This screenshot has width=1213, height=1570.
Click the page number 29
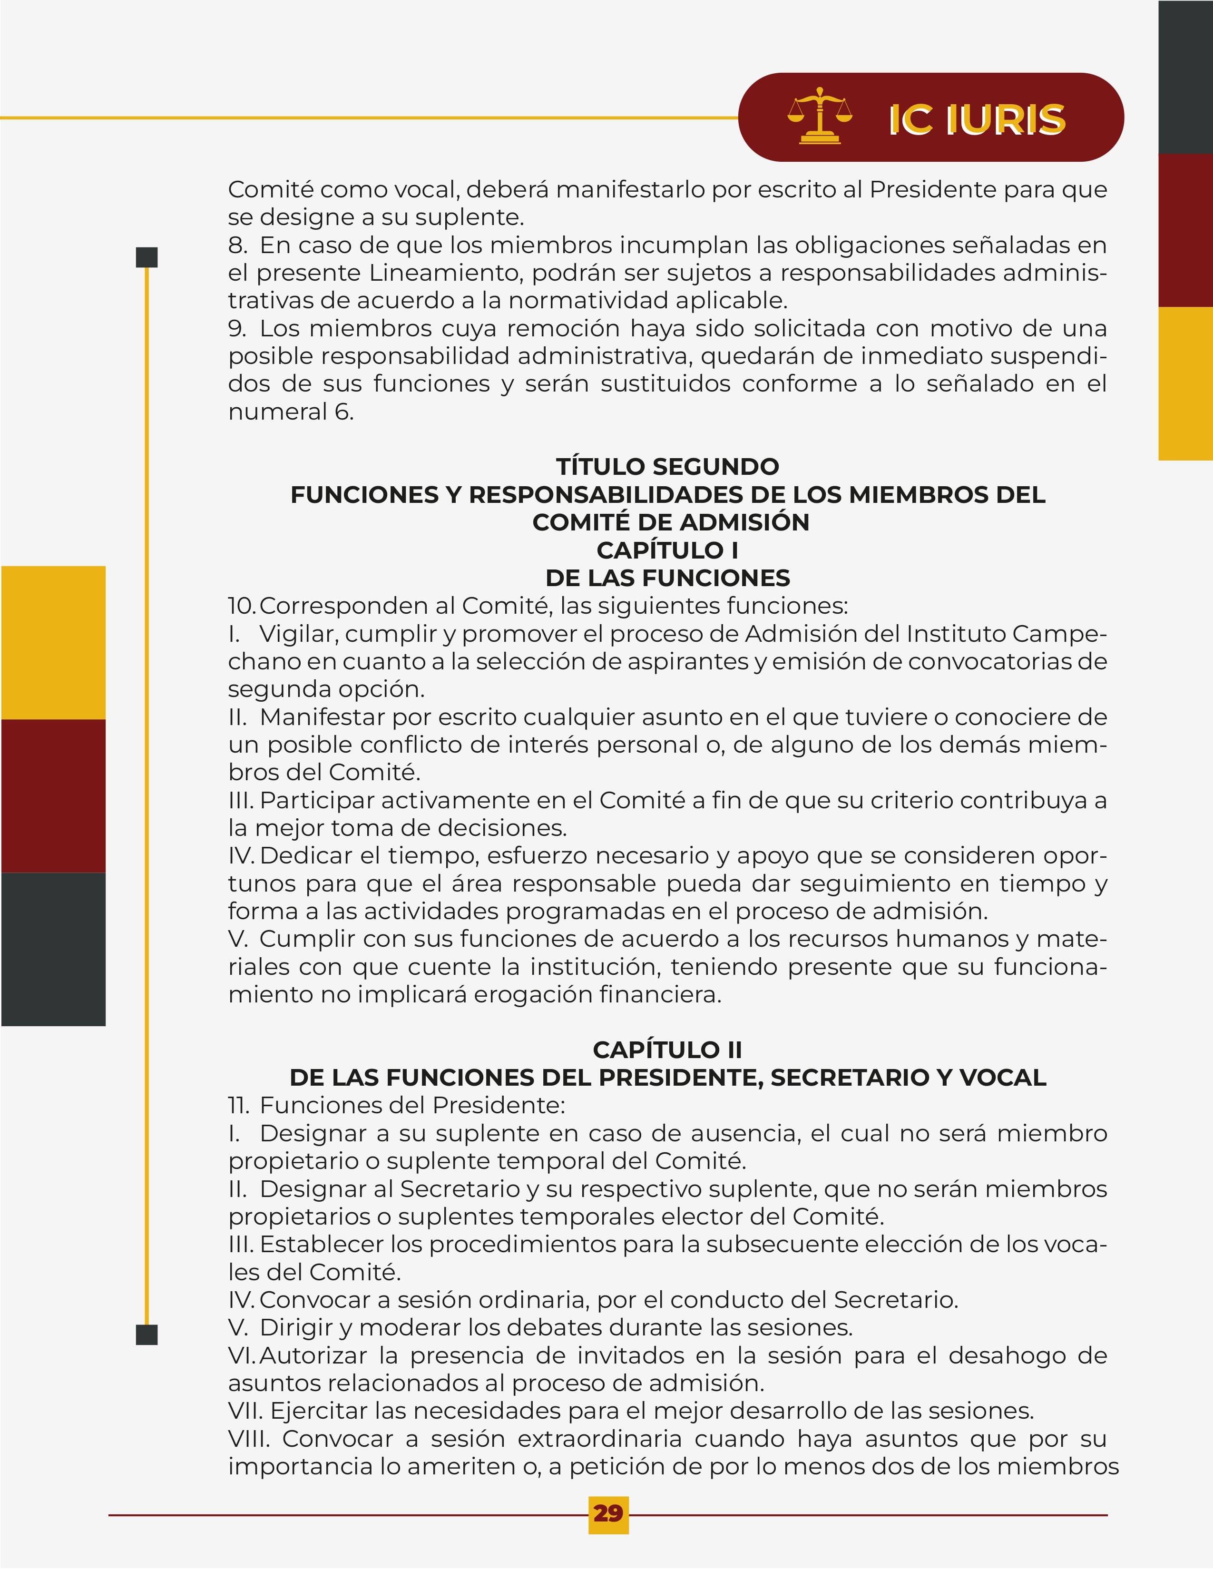click(608, 1513)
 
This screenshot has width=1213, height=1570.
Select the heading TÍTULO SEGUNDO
click(667, 467)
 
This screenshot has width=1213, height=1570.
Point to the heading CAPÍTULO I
click(667, 550)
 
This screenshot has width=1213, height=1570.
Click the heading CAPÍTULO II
click(667, 1050)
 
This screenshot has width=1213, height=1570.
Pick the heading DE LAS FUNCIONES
click(667, 578)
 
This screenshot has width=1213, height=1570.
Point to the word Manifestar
click(323, 716)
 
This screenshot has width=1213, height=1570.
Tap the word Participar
click(317, 800)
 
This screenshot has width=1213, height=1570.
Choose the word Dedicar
click(300, 855)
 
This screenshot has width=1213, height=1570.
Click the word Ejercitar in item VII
click(318, 1411)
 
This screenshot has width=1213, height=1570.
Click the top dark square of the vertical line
click(147, 257)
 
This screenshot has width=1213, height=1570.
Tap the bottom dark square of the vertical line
click(147, 1335)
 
